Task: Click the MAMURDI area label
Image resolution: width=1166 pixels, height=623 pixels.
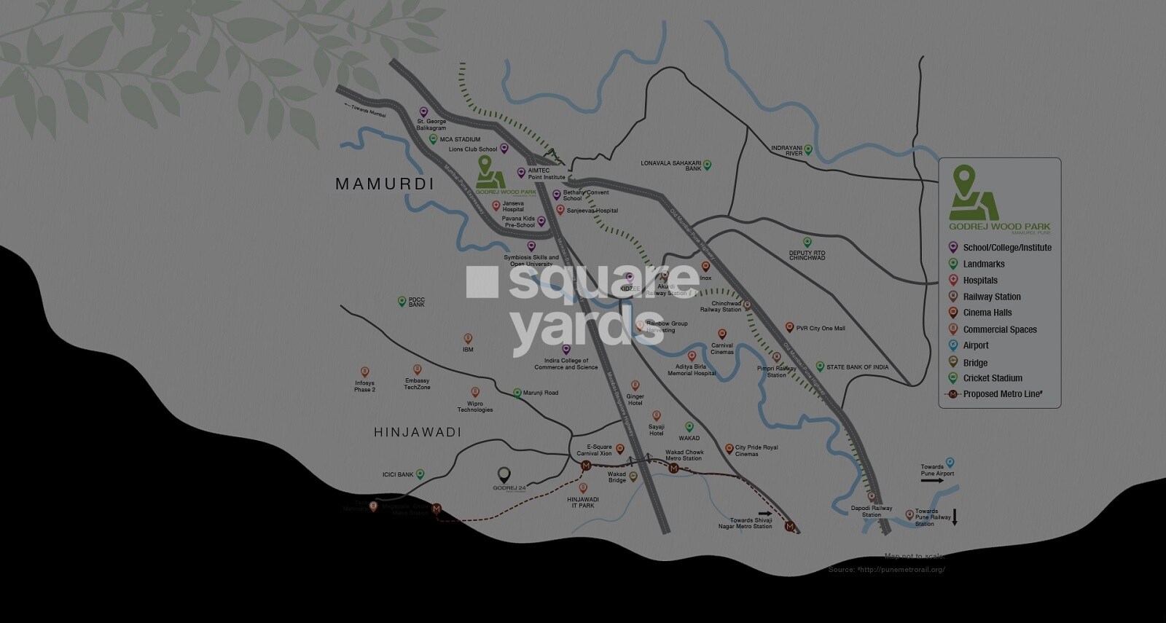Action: point(384,184)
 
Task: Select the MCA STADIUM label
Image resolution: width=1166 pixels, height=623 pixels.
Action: point(460,139)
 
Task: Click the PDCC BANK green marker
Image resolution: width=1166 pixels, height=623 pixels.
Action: point(402,301)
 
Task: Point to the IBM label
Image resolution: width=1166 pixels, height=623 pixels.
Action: point(468,350)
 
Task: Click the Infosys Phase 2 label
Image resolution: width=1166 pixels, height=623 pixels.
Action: point(364,386)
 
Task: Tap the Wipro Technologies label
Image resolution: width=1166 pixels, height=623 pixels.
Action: point(475,407)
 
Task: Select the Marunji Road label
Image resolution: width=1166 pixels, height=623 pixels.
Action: point(541,393)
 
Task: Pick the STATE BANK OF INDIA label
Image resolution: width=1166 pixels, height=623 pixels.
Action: point(857,367)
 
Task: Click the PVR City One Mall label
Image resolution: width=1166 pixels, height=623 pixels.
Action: point(821,329)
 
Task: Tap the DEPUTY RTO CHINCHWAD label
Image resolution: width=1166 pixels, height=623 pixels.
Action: point(807,255)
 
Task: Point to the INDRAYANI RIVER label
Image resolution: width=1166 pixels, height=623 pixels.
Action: point(787,151)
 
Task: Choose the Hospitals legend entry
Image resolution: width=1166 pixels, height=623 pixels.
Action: point(980,281)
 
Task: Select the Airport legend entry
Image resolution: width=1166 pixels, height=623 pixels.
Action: point(976,345)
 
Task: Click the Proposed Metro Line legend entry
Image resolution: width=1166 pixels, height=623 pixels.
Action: point(1002,394)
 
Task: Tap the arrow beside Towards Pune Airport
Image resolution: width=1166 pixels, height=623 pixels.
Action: point(931,481)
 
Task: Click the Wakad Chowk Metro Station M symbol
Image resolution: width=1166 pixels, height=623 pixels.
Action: point(674,469)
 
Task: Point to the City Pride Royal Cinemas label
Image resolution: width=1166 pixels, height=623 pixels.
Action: point(756,450)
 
